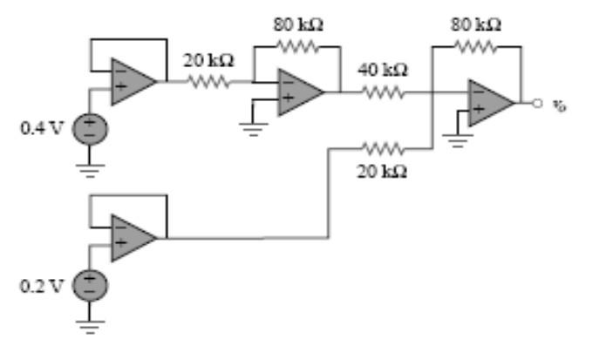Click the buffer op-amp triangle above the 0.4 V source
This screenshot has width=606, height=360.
click(131, 82)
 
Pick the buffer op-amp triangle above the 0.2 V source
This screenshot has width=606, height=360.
click(131, 237)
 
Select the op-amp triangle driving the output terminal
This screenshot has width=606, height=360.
click(489, 103)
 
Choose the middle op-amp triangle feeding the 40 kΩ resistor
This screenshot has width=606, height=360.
click(299, 90)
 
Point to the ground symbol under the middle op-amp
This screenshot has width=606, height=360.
click(254, 128)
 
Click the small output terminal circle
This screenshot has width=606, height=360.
click(539, 103)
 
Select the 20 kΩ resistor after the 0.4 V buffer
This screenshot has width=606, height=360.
click(207, 82)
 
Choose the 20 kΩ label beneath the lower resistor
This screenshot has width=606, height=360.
click(381, 171)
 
